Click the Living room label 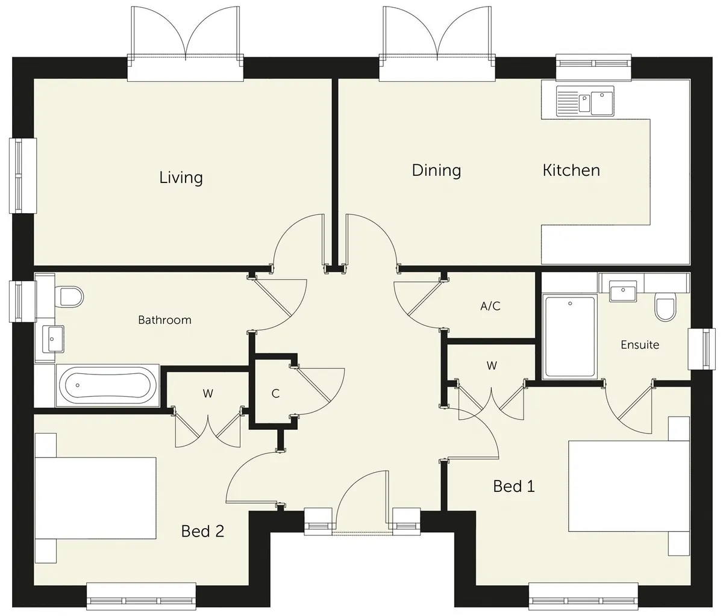click(x=181, y=178)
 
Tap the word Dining click(x=436, y=170)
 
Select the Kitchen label click(x=571, y=170)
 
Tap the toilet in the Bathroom click(x=69, y=297)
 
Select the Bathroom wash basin click(x=52, y=339)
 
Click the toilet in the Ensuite click(x=665, y=307)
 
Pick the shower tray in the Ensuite click(x=569, y=337)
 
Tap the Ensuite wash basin click(x=623, y=290)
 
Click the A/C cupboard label click(x=490, y=306)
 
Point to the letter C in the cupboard click(x=275, y=394)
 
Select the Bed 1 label click(x=514, y=487)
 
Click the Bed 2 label click(x=202, y=531)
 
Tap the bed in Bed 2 click(x=95, y=498)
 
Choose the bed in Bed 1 click(x=629, y=487)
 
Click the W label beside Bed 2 click(x=208, y=394)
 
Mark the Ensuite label click(x=640, y=345)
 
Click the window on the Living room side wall click(x=23, y=175)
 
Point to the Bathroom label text click(x=164, y=320)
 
